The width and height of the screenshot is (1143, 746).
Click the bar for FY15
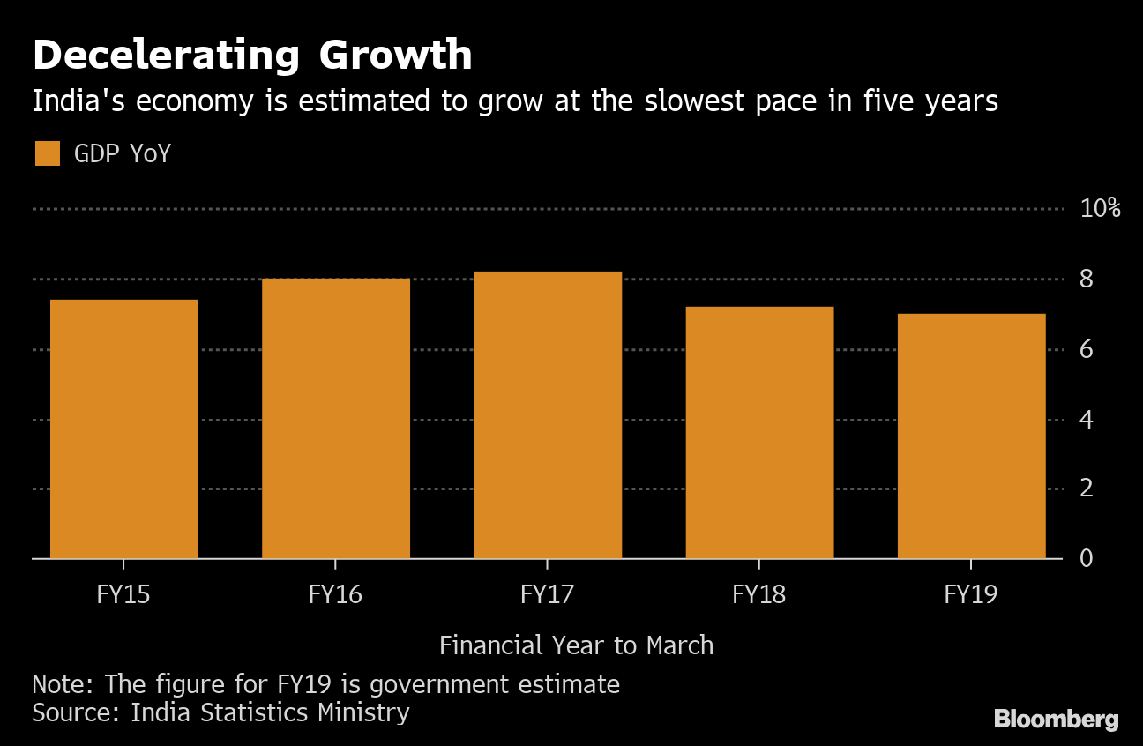123,429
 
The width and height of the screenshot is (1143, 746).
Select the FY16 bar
336,419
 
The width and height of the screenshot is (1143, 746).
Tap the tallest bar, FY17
548,415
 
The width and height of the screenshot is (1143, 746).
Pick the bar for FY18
759,433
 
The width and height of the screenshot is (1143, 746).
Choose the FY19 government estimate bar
971,436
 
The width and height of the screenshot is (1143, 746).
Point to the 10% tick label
1100,209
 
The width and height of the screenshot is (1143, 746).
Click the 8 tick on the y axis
1087,280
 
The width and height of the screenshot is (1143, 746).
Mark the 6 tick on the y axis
1087,350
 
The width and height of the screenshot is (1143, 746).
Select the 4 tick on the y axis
1087,420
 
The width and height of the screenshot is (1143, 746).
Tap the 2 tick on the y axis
1087,489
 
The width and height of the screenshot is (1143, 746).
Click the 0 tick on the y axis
1087,558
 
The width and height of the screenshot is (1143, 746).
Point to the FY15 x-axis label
123,594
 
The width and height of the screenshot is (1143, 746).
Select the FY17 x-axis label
547,594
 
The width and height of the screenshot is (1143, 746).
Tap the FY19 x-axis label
970,594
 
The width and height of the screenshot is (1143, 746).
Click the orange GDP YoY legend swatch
48,153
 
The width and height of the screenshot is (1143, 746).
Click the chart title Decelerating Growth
252,56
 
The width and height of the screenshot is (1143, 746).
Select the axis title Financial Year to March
576,645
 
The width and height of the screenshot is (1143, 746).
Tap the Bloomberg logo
1056,720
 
